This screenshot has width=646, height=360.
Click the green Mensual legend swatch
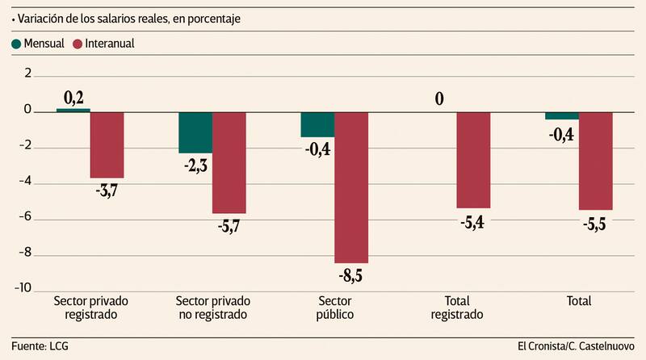coord(17,44)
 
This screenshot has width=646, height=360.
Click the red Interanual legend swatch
coord(78,44)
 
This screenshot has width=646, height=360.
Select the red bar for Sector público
coord(351,187)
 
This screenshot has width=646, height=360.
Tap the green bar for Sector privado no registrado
coord(195,132)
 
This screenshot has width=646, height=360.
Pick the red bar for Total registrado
coord(473,160)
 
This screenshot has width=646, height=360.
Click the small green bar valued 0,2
coord(73,110)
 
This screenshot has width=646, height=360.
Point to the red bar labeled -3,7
coord(107,144)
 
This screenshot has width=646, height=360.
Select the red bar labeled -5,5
coord(596,161)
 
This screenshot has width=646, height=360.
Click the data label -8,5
coord(351,276)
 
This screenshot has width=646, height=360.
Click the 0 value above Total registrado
coord(440,99)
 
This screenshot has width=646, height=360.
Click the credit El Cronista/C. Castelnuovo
coord(577,346)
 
